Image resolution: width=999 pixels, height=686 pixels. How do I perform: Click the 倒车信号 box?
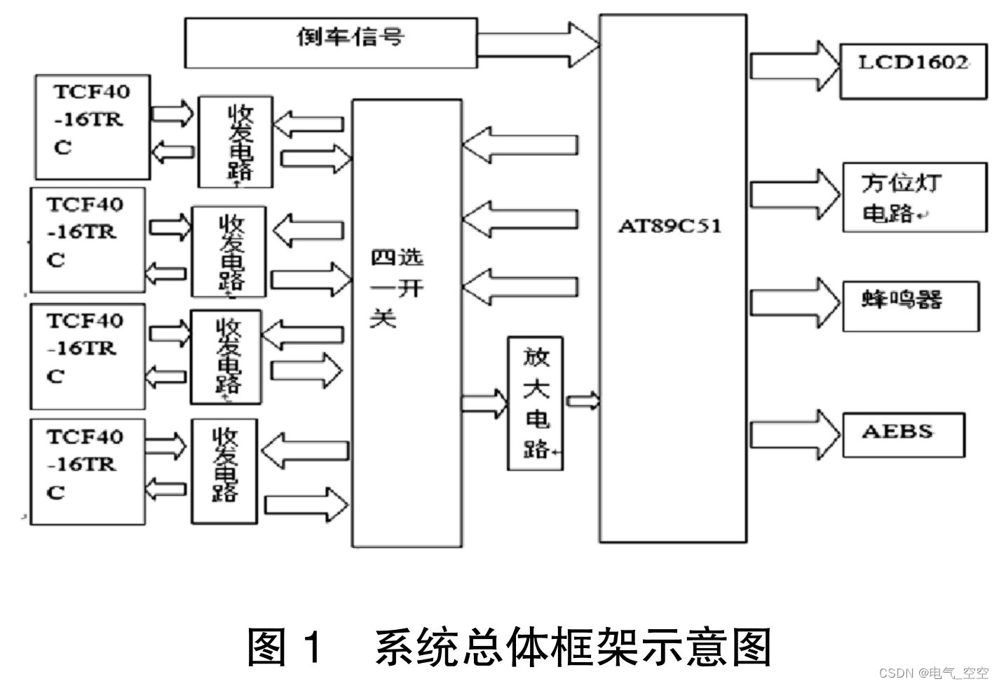(x=330, y=42)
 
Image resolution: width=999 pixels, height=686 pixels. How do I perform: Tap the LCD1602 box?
(x=913, y=69)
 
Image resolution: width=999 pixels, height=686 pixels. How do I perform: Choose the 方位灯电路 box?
(x=913, y=198)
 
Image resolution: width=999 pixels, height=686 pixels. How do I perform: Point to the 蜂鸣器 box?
(x=910, y=306)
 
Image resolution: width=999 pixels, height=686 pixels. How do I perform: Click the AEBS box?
(x=903, y=435)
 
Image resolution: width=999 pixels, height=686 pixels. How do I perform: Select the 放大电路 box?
(x=536, y=403)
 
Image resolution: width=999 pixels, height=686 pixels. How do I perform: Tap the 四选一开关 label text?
(x=396, y=288)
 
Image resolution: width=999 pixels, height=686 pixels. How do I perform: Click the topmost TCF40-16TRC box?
(x=93, y=127)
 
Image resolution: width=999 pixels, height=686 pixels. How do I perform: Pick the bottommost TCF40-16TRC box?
(x=87, y=471)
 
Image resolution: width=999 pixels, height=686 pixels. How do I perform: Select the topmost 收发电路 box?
(x=236, y=142)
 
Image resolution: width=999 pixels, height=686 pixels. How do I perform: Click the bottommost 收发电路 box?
(x=224, y=471)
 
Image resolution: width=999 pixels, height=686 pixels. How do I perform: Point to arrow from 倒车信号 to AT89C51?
(x=538, y=45)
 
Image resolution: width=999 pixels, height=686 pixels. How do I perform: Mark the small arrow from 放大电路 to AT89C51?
(x=583, y=401)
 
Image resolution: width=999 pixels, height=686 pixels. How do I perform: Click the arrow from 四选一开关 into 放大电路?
(x=484, y=403)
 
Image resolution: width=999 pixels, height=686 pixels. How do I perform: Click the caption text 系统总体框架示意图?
(x=573, y=647)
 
